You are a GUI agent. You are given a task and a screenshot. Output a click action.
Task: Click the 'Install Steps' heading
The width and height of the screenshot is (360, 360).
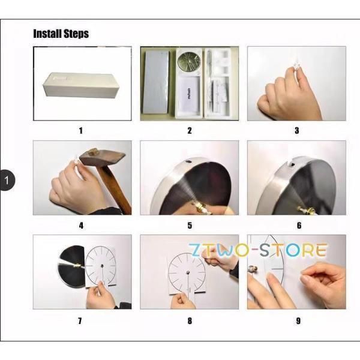61,34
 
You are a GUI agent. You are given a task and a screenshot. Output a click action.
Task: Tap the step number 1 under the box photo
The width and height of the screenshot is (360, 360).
81,131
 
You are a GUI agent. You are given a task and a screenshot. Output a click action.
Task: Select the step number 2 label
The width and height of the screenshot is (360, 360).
190,131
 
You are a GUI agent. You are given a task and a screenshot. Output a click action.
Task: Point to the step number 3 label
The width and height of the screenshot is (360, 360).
297,131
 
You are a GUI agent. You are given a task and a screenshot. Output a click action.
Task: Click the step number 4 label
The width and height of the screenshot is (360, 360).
81,226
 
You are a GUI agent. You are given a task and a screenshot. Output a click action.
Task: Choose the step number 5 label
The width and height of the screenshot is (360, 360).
190,226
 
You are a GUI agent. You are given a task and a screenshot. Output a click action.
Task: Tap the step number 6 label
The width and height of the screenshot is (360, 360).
299,226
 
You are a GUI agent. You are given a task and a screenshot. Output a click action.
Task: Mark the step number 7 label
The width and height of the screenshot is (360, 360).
80,321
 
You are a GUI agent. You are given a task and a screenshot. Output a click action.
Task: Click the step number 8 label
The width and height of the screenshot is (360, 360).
190,321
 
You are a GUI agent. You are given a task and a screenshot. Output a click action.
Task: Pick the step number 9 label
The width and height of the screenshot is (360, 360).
298,321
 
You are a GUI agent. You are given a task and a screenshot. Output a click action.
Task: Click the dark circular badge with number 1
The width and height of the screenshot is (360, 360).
7,180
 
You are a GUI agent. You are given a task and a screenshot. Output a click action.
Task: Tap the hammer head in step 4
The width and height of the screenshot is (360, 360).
102,157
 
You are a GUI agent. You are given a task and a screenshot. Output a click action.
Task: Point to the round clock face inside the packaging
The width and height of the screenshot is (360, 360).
189,61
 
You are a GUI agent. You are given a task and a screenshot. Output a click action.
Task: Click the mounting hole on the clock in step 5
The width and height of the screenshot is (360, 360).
188,161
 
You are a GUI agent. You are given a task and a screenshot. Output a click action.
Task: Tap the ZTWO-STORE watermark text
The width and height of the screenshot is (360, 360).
258,250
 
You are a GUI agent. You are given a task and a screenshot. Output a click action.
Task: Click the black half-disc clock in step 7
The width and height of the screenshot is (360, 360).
71,266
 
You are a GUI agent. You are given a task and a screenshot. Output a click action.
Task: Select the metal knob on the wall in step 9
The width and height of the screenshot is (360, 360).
252,269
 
